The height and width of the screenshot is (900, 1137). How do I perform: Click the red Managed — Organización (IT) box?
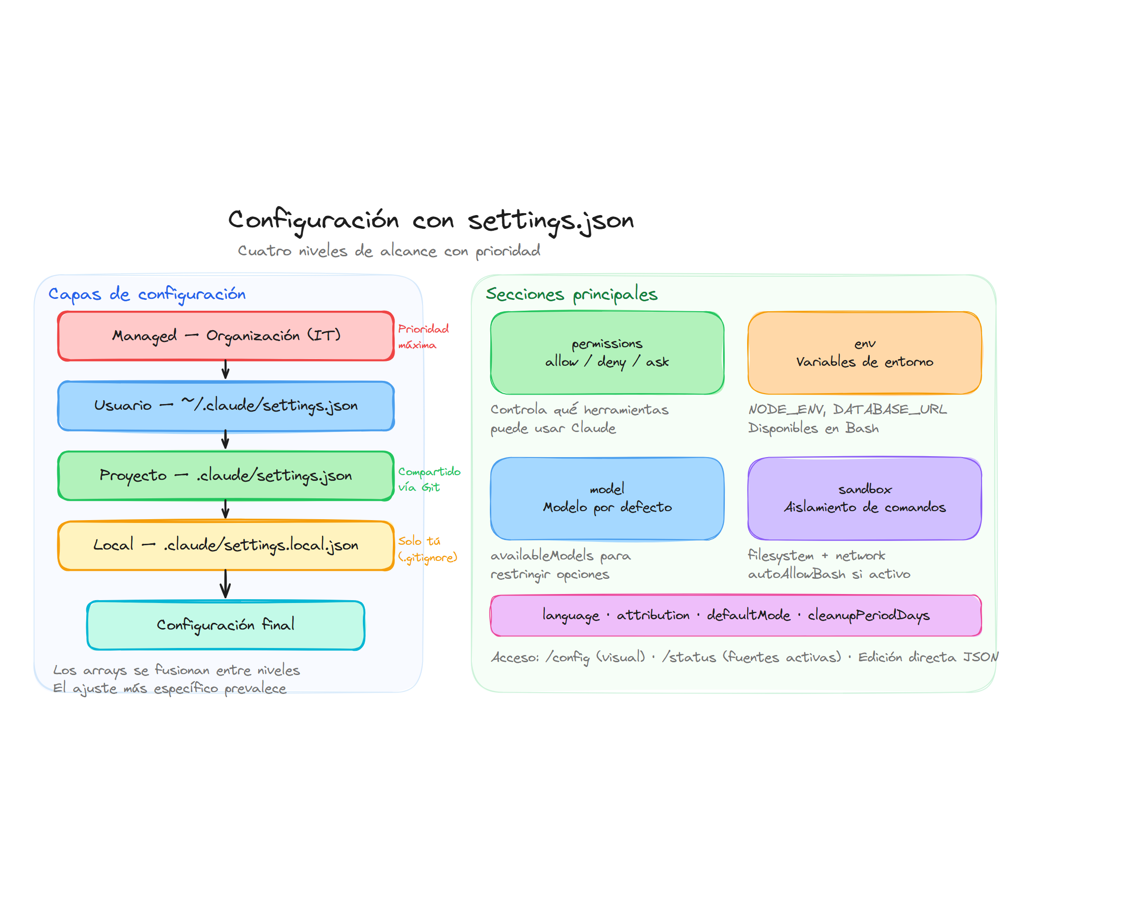coord(226,336)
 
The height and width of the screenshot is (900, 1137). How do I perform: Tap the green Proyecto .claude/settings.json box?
coord(226,475)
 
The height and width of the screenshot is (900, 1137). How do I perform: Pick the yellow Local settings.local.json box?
coord(226,545)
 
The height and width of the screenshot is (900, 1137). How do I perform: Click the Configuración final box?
coord(226,625)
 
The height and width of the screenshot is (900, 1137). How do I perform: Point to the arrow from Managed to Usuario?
coord(226,369)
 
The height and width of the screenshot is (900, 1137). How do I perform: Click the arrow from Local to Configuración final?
coord(226,584)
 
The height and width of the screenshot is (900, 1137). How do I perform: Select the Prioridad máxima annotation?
coord(423,336)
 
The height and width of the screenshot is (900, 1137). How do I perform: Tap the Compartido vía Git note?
coord(428,478)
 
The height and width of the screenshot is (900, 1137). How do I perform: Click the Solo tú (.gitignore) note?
coord(427,549)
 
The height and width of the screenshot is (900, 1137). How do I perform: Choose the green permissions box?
coord(606,352)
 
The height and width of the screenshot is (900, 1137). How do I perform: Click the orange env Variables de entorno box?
coord(864,352)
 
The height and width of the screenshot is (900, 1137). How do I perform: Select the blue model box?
coord(606,498)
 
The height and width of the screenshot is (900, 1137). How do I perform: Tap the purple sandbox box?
coord(864,498)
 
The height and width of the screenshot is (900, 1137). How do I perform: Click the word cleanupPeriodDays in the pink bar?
coord(868,615)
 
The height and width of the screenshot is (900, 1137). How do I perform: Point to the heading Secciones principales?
coord(571,294)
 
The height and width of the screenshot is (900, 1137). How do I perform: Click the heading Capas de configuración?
coord(147,294)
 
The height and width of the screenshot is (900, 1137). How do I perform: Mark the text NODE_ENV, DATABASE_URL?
coord(847,409)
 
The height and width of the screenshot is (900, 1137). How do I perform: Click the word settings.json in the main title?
coord(550,220)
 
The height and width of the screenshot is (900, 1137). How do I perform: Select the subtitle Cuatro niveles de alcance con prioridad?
coord(389,251)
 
